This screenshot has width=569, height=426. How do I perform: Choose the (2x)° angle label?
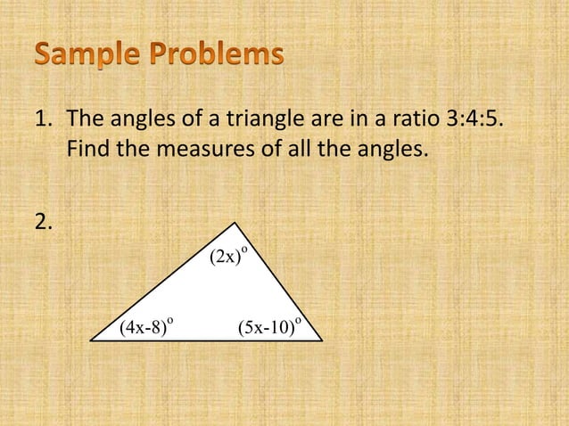tap(227, 257)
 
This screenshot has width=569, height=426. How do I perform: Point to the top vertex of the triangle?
tap(235, 223)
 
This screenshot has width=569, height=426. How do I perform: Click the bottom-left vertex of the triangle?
tap(91, 340)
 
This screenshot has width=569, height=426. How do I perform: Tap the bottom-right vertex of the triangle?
tap(320, 340)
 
